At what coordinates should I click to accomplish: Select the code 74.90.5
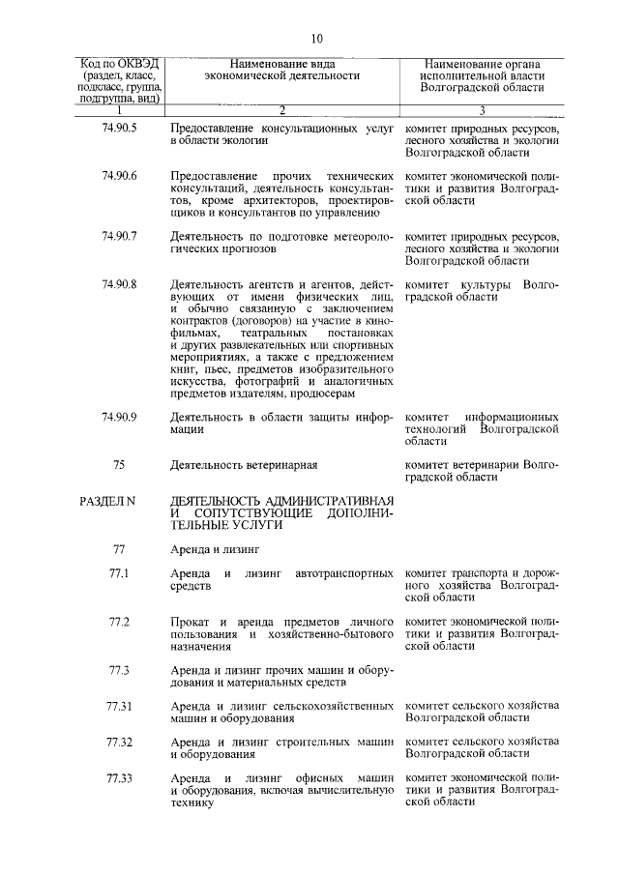point(119,128)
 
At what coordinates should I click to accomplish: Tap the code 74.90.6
point(119,175)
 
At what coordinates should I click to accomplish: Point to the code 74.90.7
point(119,236)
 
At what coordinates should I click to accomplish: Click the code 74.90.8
point(119,283)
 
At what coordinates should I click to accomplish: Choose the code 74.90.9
point(119,416)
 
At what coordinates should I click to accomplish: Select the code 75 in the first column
point(119,465)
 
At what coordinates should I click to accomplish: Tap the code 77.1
point(119,574)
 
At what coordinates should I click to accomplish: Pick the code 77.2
point(119,621)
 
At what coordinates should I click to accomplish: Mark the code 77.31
point(119,707)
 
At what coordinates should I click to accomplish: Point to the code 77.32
point(119,743)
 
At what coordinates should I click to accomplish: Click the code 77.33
point(119,778)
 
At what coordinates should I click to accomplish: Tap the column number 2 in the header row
point(281,110)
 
